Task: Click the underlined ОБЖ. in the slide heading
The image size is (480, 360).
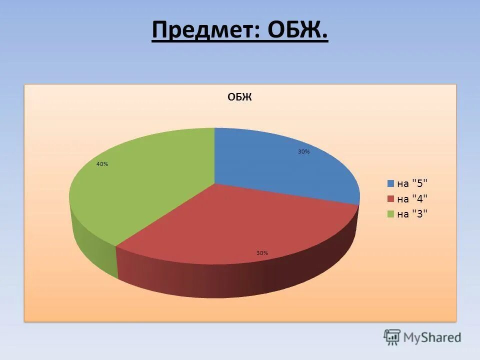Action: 298,31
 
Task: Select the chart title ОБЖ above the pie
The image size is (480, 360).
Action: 239,97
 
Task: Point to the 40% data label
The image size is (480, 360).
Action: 102,164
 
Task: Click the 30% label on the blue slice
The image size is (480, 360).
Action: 303,151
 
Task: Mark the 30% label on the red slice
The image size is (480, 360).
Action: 262,253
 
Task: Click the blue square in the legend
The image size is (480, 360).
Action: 391,183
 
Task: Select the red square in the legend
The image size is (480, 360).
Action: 391,199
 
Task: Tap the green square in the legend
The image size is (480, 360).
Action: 391,214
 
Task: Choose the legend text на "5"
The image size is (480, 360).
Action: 412,183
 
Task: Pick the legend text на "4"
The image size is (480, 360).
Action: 412,199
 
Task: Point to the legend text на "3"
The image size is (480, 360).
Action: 412,214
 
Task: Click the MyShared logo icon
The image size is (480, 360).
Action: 392,337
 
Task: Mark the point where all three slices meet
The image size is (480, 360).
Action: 214,183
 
